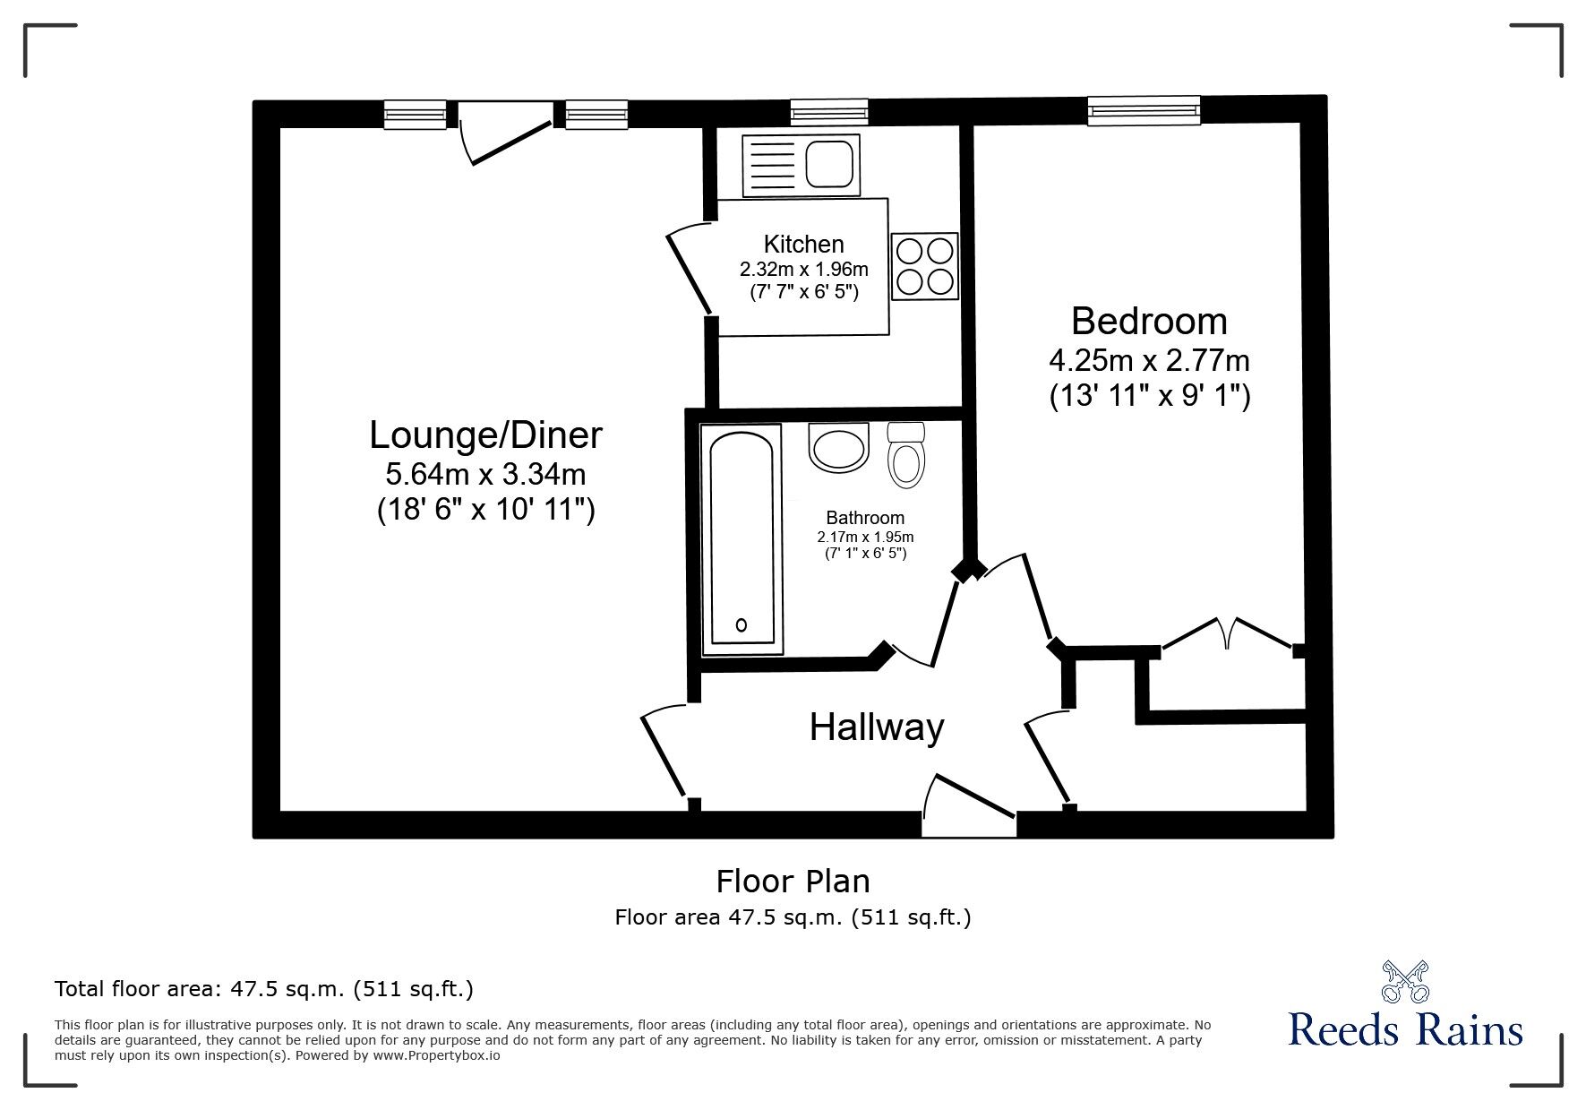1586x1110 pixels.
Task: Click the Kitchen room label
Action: pos(803,244)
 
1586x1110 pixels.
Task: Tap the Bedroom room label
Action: pos(1148,321)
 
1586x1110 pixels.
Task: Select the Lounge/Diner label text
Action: pos(485,435)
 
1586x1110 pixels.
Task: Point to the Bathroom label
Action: pos(864,518)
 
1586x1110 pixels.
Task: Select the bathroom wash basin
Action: pos(838,446)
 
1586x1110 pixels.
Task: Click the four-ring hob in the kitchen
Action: pos(925,266)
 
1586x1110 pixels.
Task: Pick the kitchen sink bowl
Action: pos(832,166)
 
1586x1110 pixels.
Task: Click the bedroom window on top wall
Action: pos(1143,110)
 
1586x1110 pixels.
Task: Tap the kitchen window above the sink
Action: pos(829,113)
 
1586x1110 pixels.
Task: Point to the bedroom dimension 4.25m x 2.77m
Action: pos(1149,361)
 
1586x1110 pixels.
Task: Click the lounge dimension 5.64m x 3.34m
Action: pos(485,473)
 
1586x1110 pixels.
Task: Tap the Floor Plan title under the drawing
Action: pos(793,882)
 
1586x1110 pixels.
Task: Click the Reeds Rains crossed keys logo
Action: pos(1405,982)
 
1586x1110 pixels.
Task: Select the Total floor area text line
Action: pos(264,989)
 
